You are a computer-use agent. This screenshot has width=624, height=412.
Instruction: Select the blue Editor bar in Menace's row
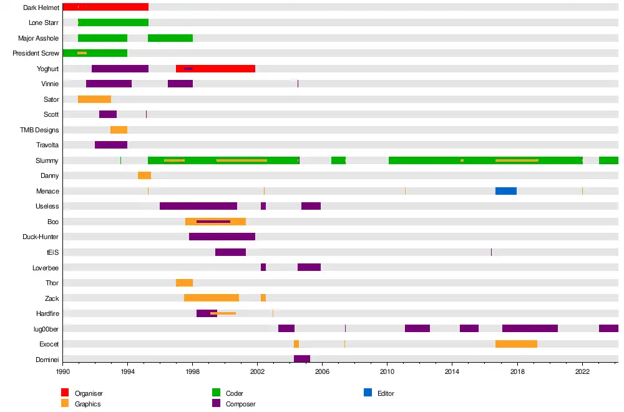coord(505,191)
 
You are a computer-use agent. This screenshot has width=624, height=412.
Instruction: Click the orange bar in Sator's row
coord(94,99)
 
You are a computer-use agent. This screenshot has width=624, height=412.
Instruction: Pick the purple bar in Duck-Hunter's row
coord(222,237)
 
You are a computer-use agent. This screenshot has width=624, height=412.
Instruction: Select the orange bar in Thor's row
coord(184,283)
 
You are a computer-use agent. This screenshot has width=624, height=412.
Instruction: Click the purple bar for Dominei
coord(302,359)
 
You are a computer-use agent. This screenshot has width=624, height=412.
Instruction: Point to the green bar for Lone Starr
coord(113,22)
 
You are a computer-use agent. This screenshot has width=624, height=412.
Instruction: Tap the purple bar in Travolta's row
coord(111,145)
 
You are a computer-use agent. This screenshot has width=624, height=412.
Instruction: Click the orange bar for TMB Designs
coord(119,130)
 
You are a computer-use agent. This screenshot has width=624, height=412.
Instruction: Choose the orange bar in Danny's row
coord(144,175)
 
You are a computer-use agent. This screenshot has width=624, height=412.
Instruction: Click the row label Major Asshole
coord(38,38)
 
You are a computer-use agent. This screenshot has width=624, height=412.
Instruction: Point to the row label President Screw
coord(36,54)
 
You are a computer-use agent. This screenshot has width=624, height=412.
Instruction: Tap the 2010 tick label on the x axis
coord(388,371)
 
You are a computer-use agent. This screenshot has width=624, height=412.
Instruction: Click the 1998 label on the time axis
coord(192,371)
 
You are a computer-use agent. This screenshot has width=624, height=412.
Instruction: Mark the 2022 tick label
coord(582,371)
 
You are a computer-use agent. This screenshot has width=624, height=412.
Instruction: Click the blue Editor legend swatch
coord(368,393)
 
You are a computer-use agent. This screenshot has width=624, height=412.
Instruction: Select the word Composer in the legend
coord(240,404)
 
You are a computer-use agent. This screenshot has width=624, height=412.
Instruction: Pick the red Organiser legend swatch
coord(65,393)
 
